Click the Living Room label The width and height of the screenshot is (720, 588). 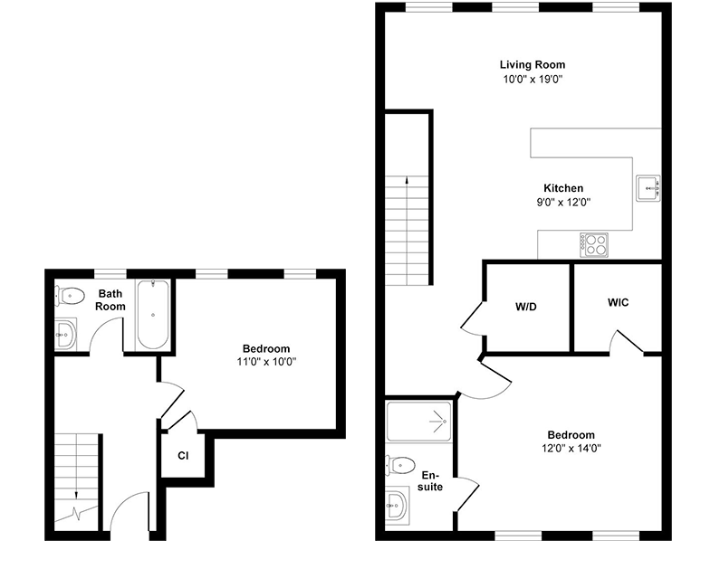point(533,64)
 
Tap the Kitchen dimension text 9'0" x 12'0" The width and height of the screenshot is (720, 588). point(563,203)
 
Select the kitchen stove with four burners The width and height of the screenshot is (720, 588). point(594,245)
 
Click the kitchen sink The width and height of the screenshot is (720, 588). point(648,188)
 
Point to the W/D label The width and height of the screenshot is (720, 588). point(526,307)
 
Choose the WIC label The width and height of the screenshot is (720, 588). point(618,303)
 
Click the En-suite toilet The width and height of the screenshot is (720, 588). point(400,466)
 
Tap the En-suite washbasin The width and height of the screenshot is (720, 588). point(397,506)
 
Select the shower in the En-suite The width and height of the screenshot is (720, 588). point(418,421)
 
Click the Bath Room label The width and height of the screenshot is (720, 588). point(110,300)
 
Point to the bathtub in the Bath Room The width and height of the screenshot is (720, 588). point(153,315)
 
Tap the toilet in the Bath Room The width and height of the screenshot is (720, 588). point(70,296)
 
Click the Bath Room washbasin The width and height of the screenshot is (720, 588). point(65,335)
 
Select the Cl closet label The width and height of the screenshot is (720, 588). point(183,456)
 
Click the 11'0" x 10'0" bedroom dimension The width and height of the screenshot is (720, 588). point(266,362)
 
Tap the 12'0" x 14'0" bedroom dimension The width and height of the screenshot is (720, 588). point(571,448)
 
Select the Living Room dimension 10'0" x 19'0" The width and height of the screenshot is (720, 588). point(533,80)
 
